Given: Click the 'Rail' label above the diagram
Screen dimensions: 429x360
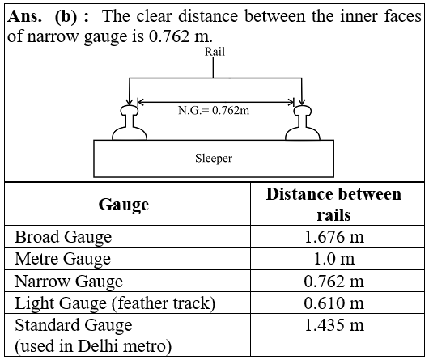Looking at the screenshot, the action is pos(214,52).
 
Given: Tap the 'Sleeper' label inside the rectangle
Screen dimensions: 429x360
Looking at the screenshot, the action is pos(214,159).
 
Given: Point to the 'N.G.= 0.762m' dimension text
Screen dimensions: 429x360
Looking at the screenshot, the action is pos(214,111).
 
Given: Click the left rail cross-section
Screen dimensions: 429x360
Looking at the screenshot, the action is pos(130,123).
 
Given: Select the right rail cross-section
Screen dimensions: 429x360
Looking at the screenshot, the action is pos(303,123).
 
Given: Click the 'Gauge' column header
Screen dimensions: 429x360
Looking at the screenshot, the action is pos(124,205).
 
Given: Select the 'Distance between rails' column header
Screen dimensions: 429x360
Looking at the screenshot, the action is pos(333,204).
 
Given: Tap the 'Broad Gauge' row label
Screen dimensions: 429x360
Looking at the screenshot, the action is pos(63,237).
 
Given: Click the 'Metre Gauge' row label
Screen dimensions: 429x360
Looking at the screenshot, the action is pos(62,259).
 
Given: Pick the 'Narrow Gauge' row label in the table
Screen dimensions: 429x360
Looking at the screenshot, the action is pos(69,282).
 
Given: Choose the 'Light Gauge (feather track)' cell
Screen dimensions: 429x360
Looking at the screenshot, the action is pos(115,303).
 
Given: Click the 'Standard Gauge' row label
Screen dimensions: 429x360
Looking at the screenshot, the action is pos(74,325).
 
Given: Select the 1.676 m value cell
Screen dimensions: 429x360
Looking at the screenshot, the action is pos(334,237).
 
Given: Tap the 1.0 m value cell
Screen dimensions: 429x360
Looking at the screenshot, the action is pos(334,259).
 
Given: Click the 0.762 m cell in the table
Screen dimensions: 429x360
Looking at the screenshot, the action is pos(334,281).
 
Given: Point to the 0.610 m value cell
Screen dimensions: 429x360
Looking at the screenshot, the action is pos(334,303).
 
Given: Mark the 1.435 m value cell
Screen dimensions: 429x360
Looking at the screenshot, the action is pos(334,325).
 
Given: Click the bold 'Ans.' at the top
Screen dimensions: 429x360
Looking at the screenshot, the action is pos(25,17).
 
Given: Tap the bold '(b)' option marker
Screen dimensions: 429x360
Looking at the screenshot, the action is pos(66,17).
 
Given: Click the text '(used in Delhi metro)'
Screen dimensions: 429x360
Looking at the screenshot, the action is pos(93,346).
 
